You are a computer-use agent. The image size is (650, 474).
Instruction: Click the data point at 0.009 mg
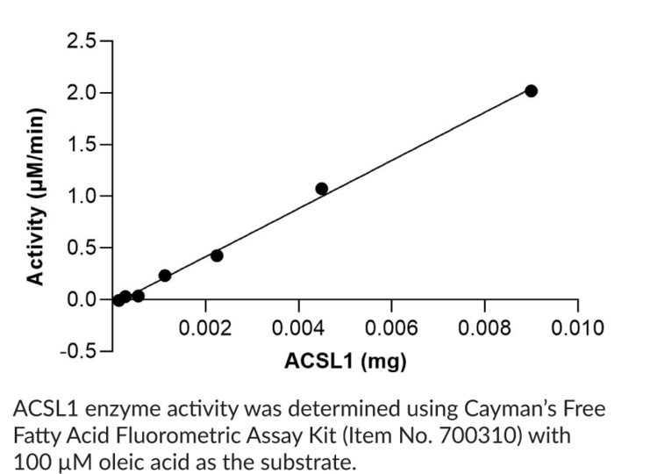coord(531,90)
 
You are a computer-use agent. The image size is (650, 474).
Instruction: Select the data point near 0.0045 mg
coord(322,189)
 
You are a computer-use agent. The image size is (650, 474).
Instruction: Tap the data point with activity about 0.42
coord(217,255)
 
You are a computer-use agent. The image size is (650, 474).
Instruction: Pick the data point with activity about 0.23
coord(165,276)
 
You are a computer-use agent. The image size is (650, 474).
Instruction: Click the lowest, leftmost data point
coord(118,300)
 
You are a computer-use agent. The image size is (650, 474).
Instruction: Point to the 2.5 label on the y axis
coord(82,41)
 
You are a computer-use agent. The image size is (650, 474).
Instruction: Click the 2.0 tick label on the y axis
coord(82,93)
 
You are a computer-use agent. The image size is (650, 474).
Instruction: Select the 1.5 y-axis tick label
coord(82,145)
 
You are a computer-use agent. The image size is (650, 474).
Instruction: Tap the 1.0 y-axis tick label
coord(82,196)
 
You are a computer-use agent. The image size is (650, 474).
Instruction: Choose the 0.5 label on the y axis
coord(82,248)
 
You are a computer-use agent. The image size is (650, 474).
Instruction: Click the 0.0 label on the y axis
coord(82,299)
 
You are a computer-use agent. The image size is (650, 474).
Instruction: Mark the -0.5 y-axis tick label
coord(79,350)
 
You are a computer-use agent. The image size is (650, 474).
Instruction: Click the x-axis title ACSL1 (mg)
coord(346,361)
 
